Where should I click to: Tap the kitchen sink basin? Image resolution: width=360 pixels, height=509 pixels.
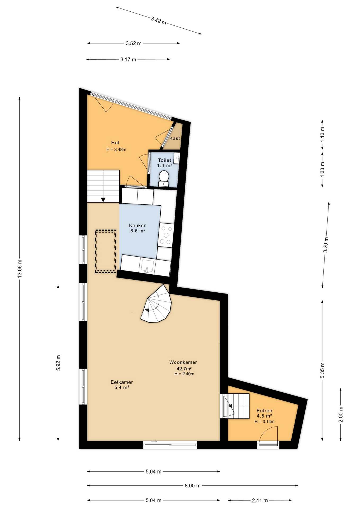147,266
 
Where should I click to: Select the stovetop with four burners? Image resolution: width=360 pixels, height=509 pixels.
166,235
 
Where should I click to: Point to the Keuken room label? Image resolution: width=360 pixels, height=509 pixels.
138,226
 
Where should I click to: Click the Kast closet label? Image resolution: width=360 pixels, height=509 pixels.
175,138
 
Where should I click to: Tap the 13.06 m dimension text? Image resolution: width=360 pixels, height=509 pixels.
20,268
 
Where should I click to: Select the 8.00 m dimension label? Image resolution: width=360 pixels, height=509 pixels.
192,486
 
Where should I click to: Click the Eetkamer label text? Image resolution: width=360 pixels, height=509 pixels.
122,382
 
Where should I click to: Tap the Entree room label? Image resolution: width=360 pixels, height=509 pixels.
264,411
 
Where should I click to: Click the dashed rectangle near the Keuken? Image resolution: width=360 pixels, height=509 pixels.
106,251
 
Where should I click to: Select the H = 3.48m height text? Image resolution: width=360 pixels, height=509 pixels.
116,150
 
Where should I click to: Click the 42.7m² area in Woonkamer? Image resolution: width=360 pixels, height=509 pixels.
184,368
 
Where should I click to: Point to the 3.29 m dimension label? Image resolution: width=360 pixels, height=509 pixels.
326,245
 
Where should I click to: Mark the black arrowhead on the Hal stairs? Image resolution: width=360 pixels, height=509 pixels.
103,200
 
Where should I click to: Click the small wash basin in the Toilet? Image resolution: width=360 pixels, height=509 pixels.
177,158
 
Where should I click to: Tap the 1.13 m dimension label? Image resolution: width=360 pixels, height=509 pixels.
322,135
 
